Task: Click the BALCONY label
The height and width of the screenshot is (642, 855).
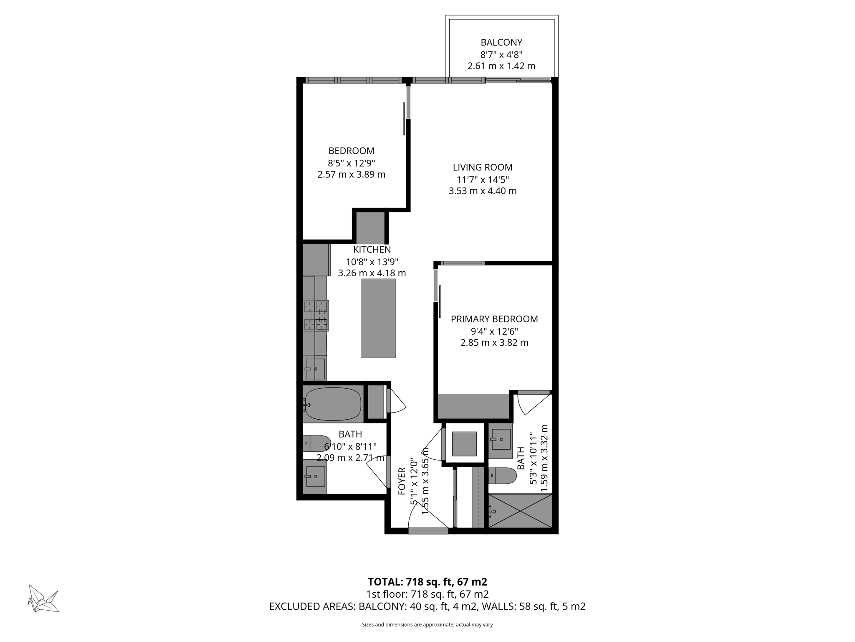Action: point(501,42)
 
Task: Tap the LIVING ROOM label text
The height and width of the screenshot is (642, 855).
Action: point(483,167)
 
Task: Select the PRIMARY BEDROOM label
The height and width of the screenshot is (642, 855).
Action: point(494,319)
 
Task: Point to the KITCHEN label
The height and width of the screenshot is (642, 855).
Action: point(372,250)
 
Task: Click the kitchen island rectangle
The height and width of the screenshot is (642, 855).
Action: point(378,318)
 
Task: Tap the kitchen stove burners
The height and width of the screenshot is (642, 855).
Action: point(316,316)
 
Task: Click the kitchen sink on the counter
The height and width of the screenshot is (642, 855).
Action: point(315,368)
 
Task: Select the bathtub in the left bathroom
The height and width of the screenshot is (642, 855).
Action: point(333,404)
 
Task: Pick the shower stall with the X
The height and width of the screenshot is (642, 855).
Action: point(520,511)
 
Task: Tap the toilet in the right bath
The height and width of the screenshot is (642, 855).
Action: point(503,476)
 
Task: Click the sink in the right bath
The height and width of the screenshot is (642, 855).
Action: point(500,439)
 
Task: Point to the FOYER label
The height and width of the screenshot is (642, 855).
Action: point(402,481)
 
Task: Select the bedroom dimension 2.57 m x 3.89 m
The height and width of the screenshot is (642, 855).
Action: point(351,174)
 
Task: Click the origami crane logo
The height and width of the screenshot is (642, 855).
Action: point(43,598)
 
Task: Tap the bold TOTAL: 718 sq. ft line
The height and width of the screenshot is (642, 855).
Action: point(427,581)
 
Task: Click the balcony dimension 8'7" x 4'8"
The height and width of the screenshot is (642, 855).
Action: point(501,54)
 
